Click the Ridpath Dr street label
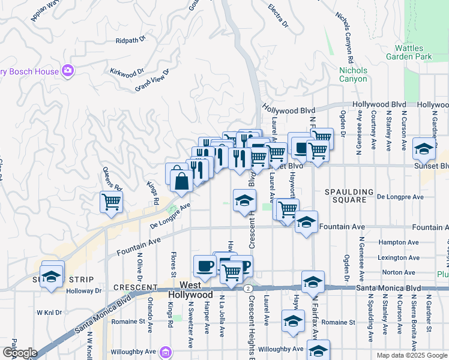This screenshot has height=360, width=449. point(131,40)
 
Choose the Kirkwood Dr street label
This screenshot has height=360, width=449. point(127,71)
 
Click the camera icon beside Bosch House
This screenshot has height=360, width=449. point(68,71)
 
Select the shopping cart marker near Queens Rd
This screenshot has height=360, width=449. point(111,202)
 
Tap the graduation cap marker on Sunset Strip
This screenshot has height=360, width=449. point(52,276)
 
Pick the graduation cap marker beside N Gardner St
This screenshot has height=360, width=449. point(423,149)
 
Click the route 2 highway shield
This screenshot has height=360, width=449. point(247,289)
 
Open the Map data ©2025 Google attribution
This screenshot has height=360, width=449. point(411,355)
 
